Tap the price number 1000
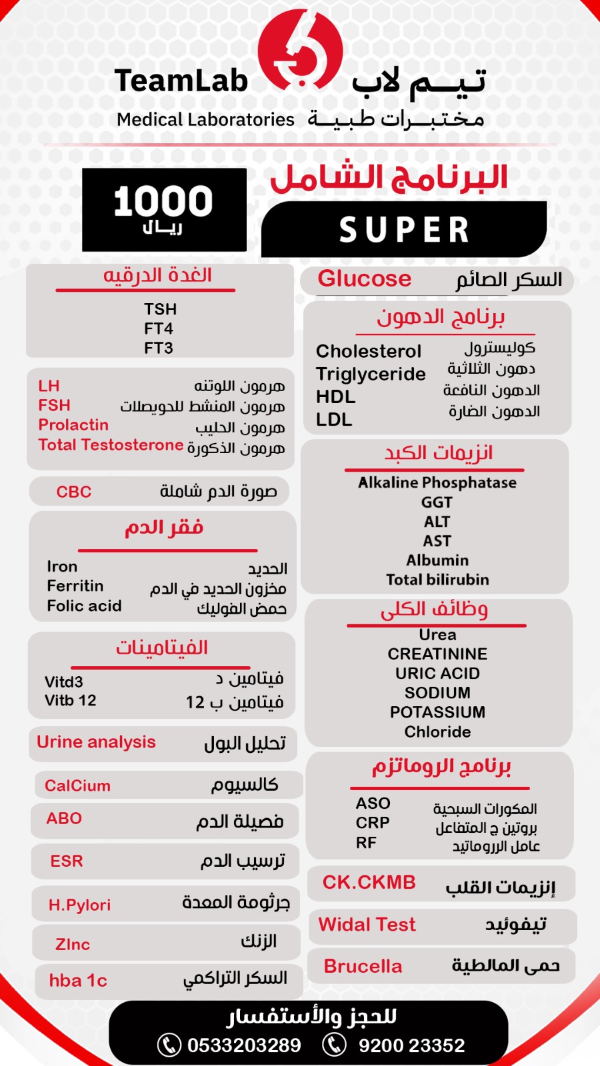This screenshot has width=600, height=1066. (163, 201)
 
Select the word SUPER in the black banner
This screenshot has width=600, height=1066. (404, 230)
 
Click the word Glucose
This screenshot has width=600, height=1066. (364, 278)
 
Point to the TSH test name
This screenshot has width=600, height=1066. (160, 309)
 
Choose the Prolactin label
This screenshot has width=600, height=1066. (73, 425)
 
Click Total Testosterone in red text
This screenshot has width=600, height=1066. (111, 445)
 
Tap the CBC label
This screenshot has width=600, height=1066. (73, 492)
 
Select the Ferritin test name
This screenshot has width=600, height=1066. (75, 586)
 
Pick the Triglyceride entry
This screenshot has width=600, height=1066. (371, 374)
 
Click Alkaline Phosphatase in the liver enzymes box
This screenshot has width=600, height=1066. (437, 482)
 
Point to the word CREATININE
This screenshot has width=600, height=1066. (437, 654)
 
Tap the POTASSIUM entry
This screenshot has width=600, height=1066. (437, 712)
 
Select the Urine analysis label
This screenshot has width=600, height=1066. (96, 742)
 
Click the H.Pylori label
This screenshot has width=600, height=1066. (79, 905)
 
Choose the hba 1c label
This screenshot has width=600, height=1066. (78, 981)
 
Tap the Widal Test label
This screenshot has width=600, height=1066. (367, 925)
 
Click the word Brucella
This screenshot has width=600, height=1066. (363, 966)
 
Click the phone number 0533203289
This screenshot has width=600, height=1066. (244, 1045)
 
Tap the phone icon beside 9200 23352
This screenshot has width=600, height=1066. (335, 1045)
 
